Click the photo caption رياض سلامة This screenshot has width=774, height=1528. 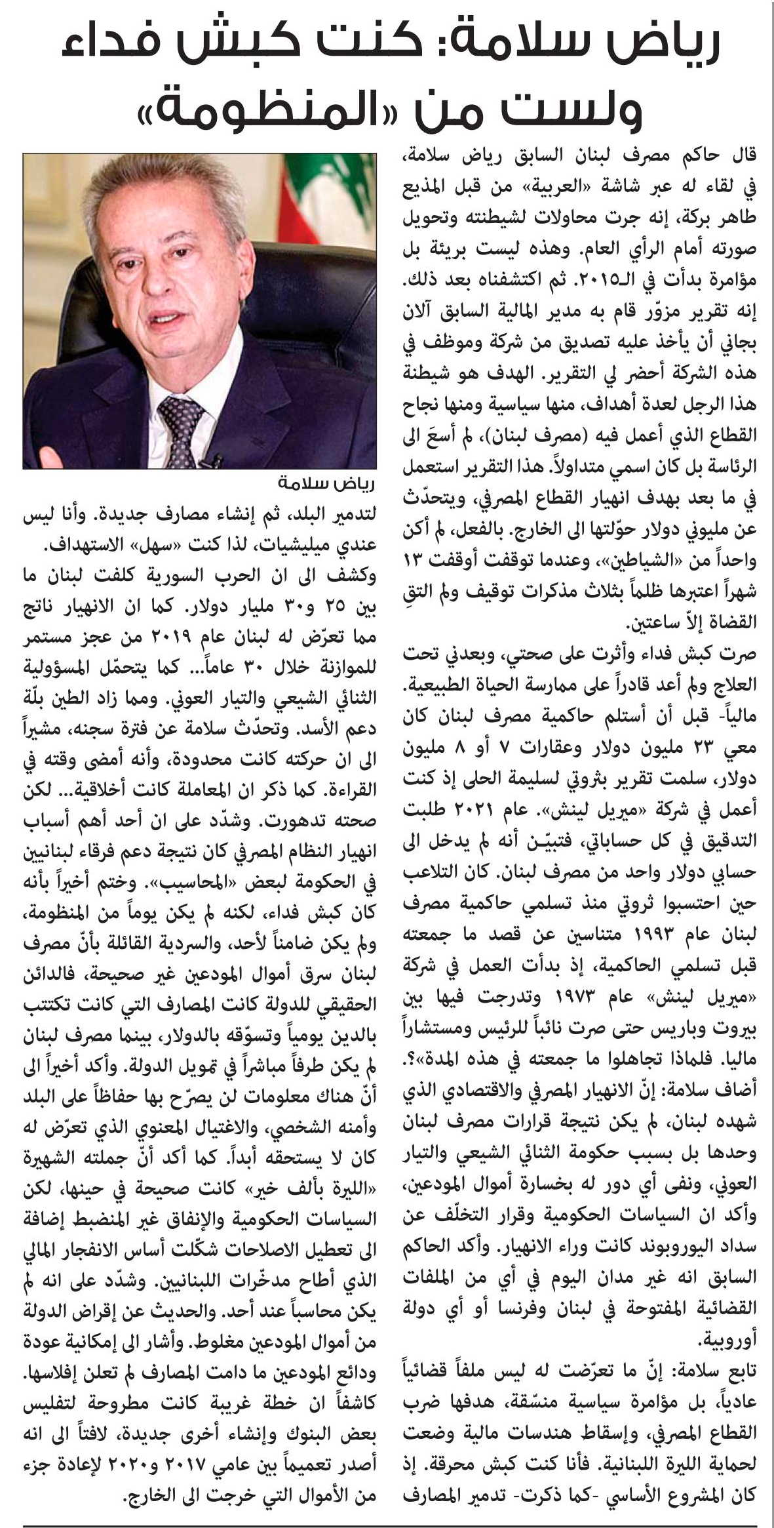(327, 483)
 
